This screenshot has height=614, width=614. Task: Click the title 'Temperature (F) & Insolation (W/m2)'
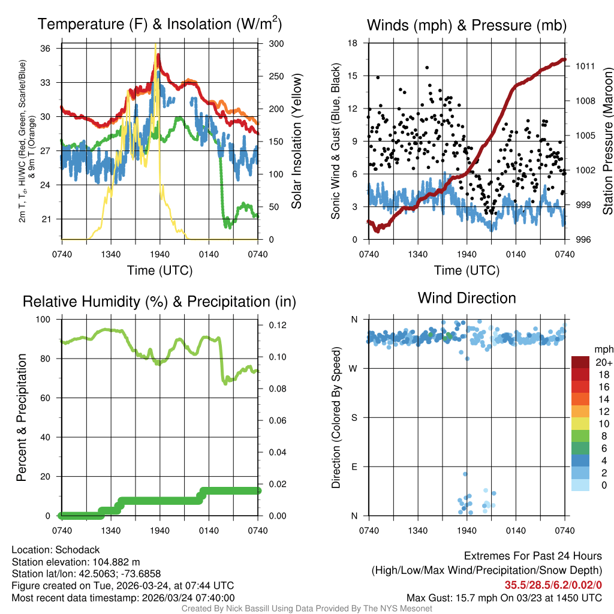159,25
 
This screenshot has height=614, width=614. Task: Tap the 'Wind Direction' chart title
466,297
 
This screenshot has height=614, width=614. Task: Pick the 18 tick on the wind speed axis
354,43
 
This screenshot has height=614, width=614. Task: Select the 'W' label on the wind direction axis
354,369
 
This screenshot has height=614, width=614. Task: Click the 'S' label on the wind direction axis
354,418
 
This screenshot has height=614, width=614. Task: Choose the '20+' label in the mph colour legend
603,363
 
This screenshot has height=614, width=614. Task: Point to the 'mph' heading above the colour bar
603,349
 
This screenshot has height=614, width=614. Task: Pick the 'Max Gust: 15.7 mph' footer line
504,597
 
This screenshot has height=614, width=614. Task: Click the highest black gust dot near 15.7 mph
427,68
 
